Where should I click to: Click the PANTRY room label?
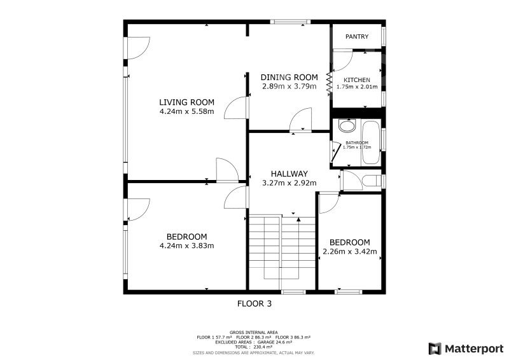pyautogui.click(x=357, y=37)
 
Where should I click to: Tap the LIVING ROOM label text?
pyautogui.click(x=186, y=102)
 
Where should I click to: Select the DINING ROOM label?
pyautogui.click(x=289, y=77)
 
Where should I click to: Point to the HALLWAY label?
pyautogui.click(x=289, y=174)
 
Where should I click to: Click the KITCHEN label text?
pyautogui.click(x=357, y=80)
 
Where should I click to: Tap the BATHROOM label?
pyautogui.click(x=357, y=142)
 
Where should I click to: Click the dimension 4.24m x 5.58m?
pyautogui.click(x=186, y=112)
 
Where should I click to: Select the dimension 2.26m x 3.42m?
pyautogui.click(x=349, y=252)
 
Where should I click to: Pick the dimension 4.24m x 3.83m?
pyautogui.click(x=186, y=246)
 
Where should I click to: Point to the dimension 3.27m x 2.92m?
pyautogui.click(x=289, y=183)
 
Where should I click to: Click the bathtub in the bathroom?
pyautogui.click(x=371, y=142)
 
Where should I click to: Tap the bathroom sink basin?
pyautogui.click(x=347, y=126)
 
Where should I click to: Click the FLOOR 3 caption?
pyautogui.click(x=254, y=304)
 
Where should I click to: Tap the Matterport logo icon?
pyautogui.click(x=435, y=349)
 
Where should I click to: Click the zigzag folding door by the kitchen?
pyautogui.click(x=329, y=83)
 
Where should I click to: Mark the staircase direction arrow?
pyautogui.click(x=298, y=220)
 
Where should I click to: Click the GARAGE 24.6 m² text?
pyautogui.click(x=275, y=342)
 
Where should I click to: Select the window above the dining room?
pyautogui.click(x=291, y=22)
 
